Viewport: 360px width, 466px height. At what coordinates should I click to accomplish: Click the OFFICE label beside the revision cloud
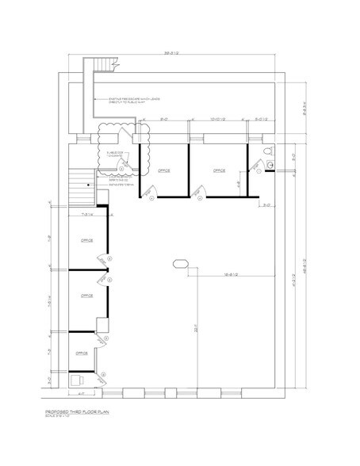[164, 170]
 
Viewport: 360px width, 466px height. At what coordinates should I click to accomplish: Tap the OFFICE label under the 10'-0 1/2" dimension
[219, 170]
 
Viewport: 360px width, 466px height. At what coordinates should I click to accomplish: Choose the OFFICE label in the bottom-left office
[81, 353]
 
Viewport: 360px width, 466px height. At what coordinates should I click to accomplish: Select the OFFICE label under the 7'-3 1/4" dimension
[86, 240]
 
